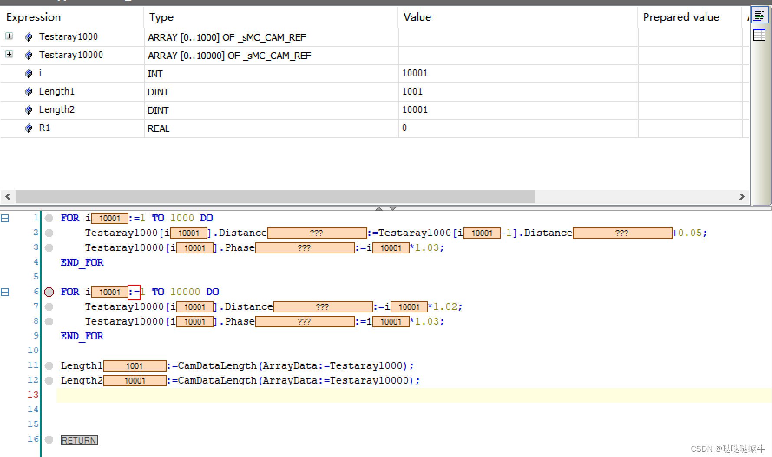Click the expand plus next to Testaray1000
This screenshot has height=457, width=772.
click(x=9, y=36)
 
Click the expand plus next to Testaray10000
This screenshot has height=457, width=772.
click(x=9, y=54)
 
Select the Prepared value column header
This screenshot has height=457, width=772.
click(x=681, y=17)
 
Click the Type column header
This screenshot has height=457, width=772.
click(x=161, y=17)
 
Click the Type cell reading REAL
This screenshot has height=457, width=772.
click(x=158, y=128)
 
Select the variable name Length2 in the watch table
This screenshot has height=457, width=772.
click(x=56, y=110)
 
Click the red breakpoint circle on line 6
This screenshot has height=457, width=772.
click(x=49, y=292)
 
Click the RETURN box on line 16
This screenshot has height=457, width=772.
click(x=79, y=441)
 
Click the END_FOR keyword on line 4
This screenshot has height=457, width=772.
click(x=82, y=262)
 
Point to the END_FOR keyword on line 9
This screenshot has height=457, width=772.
click(x=82, y=336)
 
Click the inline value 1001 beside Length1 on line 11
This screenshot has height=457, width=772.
click(x=135, y=366)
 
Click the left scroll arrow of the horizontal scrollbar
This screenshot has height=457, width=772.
click(x=8, y=197)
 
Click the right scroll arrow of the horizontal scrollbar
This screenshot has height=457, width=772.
click(x=742, y=197)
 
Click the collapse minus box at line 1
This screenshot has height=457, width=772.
click(x=5, y=218)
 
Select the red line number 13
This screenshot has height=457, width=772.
click(x=33, y=395)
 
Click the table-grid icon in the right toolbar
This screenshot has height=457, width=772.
click(x=759, y=35)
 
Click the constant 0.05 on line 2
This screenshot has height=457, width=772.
click(x=690, y=233)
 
